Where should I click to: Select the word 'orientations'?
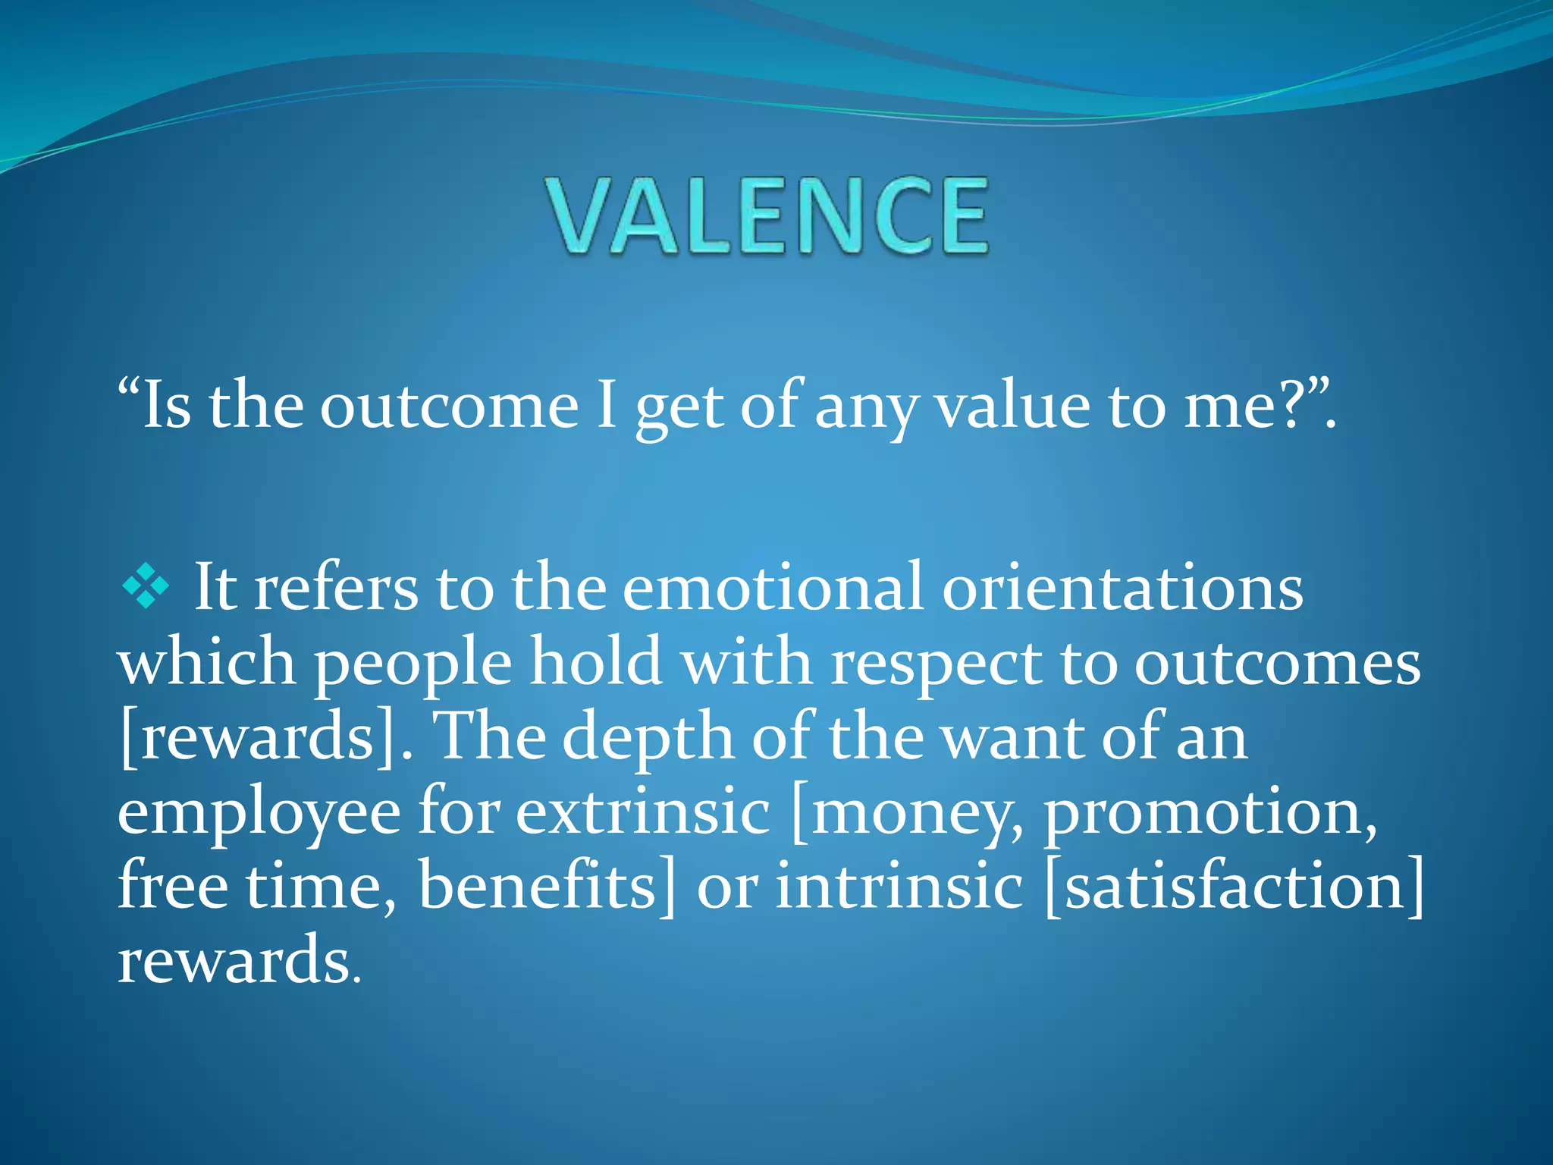pyautogui.click(x=1122, y=588)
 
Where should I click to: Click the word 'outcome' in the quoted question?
pyautogui.click(x=449, y=406)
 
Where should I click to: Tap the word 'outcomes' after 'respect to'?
pyautogui.click(x=1277, y=662)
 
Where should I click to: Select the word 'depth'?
pyautogui.click(x=648, y=737)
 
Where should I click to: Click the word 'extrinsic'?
pyautogui.click(x=643, y=812)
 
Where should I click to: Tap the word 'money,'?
pyautogui.click(x=906, y=812)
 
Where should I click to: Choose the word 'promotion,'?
pyautogui.click(x=1211, y=812)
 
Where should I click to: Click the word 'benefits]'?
pyautogui.click(x=546, y=886)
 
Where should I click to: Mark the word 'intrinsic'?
pyautogui.click(x=899, y=886)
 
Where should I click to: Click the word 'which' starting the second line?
pyautogui.click(x=206, y=662)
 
